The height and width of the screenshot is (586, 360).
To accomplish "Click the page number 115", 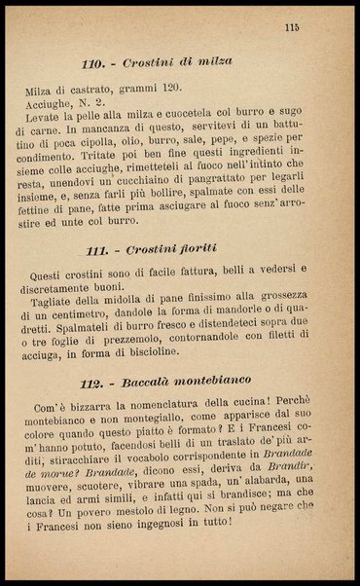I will [x=291, y=27].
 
